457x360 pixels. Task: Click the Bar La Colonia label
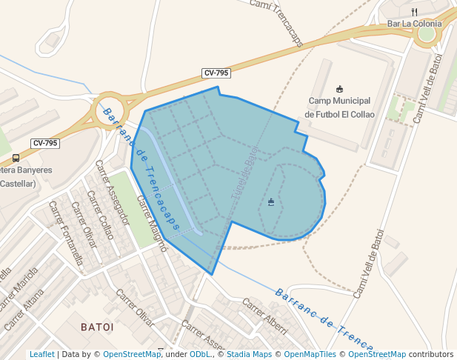tap(414, 24)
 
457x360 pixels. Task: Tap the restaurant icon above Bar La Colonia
tap(415, 12)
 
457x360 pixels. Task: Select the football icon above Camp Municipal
tap(340, 89)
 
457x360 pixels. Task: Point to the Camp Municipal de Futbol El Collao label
tap(340, 107)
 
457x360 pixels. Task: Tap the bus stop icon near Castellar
tap(16, 158)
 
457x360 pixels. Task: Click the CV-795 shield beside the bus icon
tap(45, 143)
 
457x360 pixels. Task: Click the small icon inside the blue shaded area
tap(271, 201)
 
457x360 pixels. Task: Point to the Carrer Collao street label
tap(100, 215)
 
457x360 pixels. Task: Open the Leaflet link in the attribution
tap(41, 354)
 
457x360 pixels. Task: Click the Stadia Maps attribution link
tap(249, 354)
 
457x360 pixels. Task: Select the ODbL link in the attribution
tap(200, 354)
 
